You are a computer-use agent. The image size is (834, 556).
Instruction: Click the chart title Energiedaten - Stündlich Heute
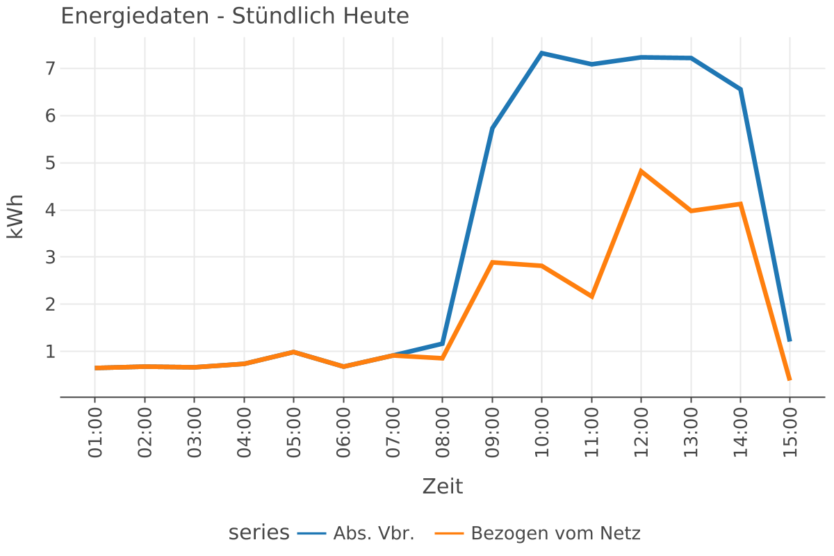[235, 16]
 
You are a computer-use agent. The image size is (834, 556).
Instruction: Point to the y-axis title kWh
[16, 216]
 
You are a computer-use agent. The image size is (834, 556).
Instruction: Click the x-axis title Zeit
[442, 486]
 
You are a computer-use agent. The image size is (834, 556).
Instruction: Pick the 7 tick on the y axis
[49, 69]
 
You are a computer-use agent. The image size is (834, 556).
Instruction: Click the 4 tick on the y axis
[49, 210]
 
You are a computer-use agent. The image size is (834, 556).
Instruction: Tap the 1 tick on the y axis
[49, 352]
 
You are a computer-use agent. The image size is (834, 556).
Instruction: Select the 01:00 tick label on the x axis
[95, 432]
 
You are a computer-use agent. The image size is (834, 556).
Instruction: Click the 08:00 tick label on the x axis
[443, 432]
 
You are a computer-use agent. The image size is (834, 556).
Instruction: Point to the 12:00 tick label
[641, 432]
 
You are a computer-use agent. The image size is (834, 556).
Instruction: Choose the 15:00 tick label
[790, 432]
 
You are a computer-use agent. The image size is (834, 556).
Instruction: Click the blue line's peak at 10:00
[541, 53]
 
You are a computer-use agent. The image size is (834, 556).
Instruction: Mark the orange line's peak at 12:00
[641, 170]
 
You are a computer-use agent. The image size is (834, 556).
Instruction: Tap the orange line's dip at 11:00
[591, 297]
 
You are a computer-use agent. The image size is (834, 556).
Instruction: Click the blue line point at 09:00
[492, 128]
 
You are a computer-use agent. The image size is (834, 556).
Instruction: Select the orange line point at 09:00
[492, 262]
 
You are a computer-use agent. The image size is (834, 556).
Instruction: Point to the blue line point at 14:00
[740, 90]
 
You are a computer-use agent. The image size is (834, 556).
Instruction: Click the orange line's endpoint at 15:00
[790, 379]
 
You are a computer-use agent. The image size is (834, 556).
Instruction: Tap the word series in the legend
[259, 532]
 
